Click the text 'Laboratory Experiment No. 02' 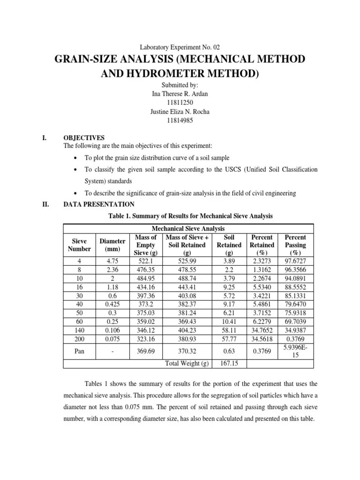coord(180,47)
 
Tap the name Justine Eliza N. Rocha coord(180,111)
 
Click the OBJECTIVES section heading coord(84,138)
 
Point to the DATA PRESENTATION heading coord(98,204)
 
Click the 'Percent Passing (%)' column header coord(295,245)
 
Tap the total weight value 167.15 coord(229,363)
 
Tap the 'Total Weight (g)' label coord(187,363)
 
